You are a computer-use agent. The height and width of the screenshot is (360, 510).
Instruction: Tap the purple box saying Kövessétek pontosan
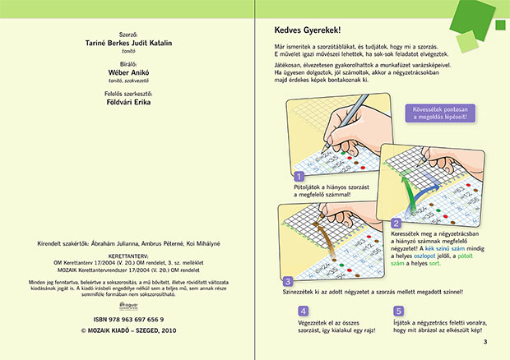pos(441,113)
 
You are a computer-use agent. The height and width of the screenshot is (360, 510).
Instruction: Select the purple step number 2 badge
pos(396,224)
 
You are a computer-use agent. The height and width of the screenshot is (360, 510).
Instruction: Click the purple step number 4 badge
pos(304,312)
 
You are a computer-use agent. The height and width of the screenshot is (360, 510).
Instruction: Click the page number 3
pos(486,341)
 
